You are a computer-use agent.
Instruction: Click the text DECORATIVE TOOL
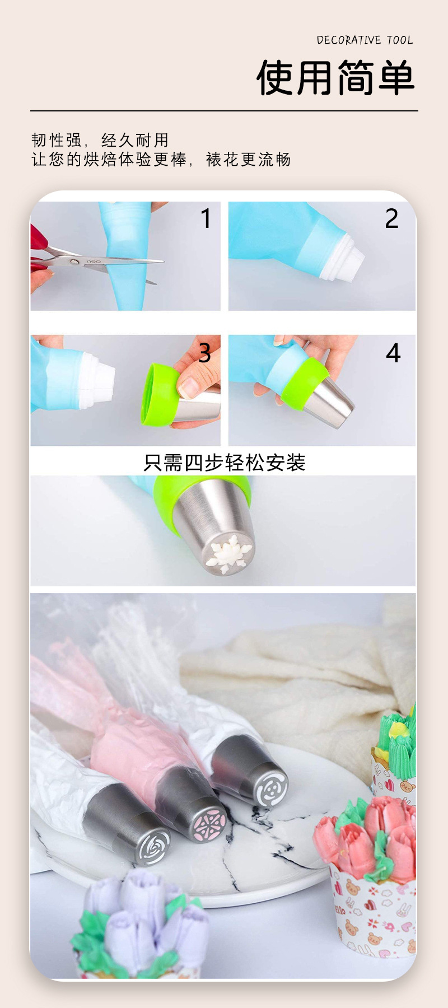point(365,40)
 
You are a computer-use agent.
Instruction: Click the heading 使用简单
point(335,78)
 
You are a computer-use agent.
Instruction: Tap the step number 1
point(206,218)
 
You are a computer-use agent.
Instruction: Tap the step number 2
point(391,218)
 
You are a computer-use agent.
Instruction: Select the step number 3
point(204,353)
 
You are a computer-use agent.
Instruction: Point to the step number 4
point(393,353)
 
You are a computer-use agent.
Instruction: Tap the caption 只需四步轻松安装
point(224,463)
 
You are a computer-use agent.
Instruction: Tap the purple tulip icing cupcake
point(137,924)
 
